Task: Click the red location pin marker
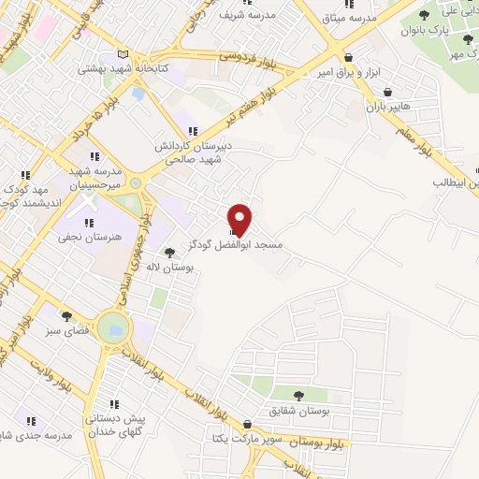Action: tap(241, 219)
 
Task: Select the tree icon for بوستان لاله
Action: tap(169, 253)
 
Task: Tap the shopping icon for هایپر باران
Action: tap(388, 93)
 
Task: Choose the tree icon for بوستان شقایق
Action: tap(298, 396)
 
